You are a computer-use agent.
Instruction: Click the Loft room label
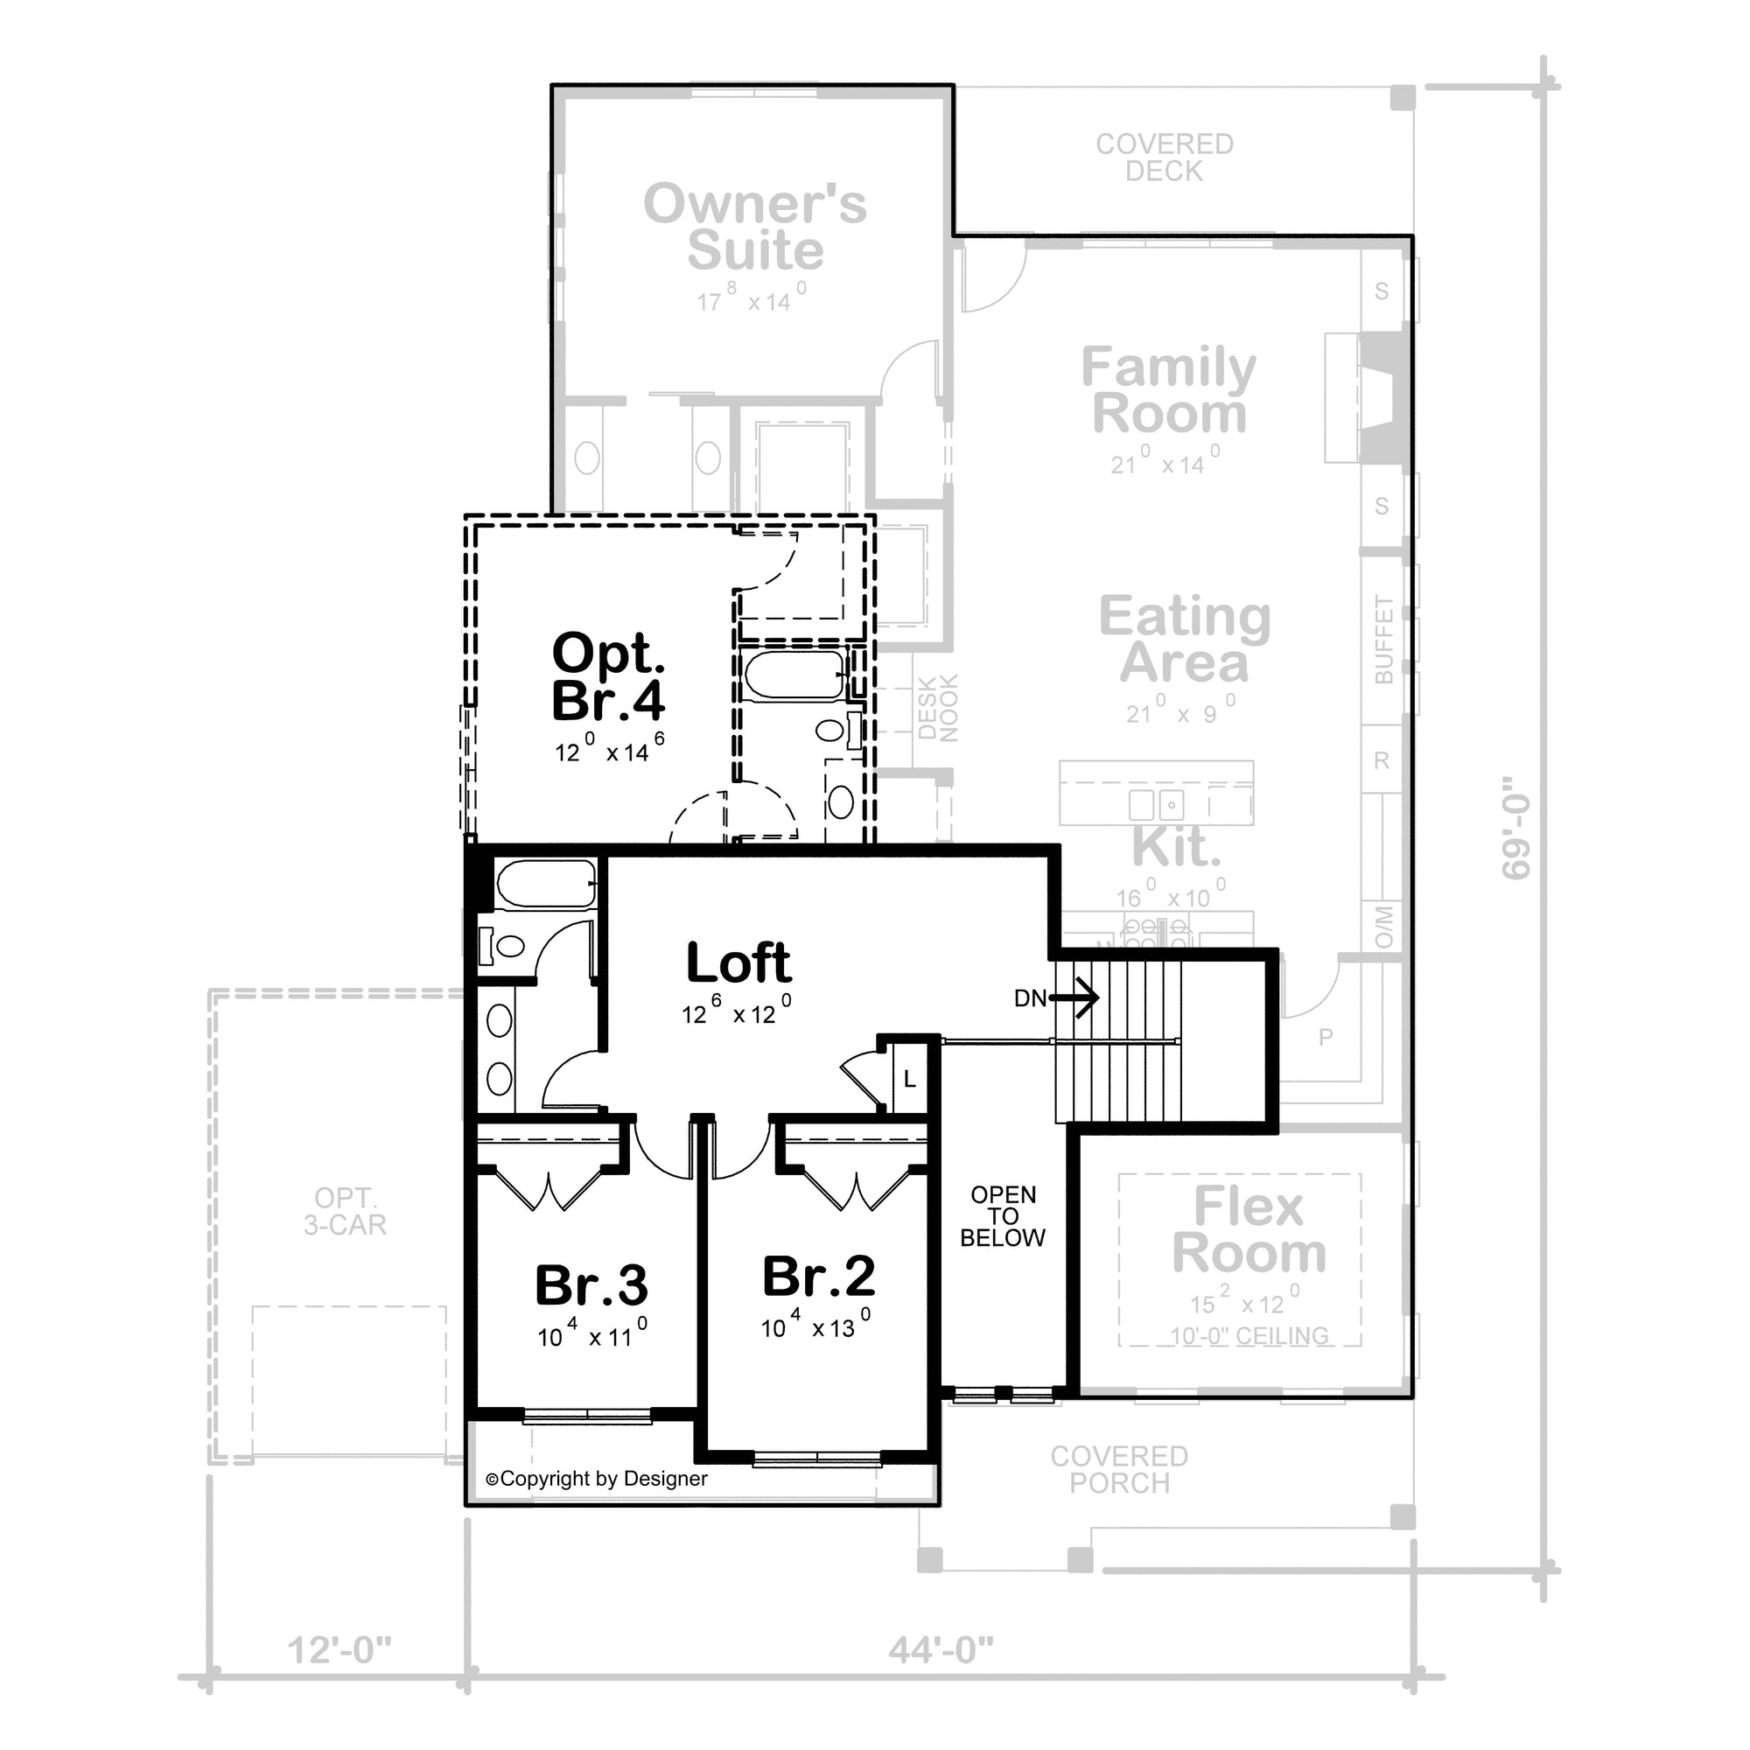pyautogui.click(x=738, y=962)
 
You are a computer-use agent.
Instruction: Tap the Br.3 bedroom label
pyautogui.click(x=591, y=1285)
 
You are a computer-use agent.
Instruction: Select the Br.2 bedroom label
pyautogui.click(x=819, y=1277)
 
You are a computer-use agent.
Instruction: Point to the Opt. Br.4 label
pyautogui.click(x=609, y=676)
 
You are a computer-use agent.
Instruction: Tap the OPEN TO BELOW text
pyautogui.click(x=1003, y=1216)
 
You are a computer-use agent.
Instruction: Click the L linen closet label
pyautogui.click(x=909, y=1080)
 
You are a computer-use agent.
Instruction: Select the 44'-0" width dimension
pyautogui.click(x=941, y=1650)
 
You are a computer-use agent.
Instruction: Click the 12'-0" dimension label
pyautogui.click(x=339, y=1650)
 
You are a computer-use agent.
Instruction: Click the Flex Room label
pyautogui.click(x=1249, y=1229)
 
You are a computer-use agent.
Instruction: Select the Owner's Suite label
pyautogui.click(x=755, y=227)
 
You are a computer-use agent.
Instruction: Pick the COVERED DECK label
pyautogui.click(x=1165, y=157)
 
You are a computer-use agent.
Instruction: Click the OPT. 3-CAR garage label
pyautogui.click(x=345, y=1211)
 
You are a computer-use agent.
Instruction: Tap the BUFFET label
pyautogui.click(x=1383, y=639)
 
